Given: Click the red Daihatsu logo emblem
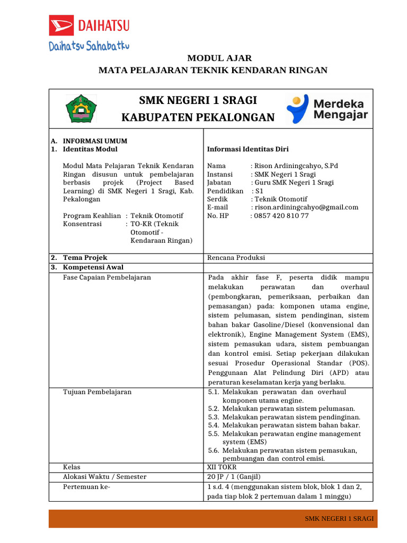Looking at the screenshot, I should (x=62, y=25).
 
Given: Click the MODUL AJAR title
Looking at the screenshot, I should (x=213, y=58).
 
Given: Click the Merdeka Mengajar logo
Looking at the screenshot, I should (x=328, y=109).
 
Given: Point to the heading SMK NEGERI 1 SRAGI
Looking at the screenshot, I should (x=198, y=100).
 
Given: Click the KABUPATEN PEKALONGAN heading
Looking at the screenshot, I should (x=198, y=117).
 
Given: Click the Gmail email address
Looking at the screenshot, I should (x=306, y=207).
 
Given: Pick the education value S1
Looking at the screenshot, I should (x=259, y=191).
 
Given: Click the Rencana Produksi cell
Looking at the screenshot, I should (x=236, y=258).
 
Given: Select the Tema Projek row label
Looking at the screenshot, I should (x=85, y=258).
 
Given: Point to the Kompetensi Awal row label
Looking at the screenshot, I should (x=93, y=267).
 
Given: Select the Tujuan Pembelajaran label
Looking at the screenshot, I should (x=97, y=392).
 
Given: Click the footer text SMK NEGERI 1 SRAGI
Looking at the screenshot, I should (x=339, y=519).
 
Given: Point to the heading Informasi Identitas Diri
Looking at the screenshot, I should (x=247, y=149).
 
